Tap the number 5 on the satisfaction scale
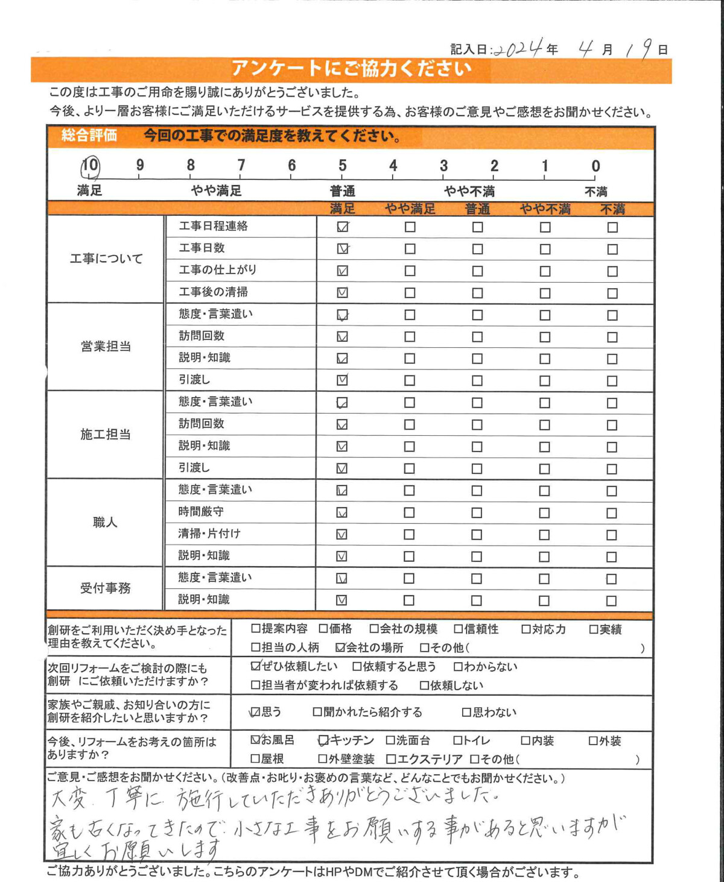pos(342,166)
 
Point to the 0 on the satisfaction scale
pos(595,166)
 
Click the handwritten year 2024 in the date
pos(518,48)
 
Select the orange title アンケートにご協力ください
pos(351,69)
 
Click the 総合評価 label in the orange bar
pos(89,136)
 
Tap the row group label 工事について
pos(106,259)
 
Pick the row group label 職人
pos(105,522)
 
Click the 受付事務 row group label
pos(105,588)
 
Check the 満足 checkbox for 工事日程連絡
pos(343,227)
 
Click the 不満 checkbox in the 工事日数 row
pos(612,249)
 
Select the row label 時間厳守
pos(201,511)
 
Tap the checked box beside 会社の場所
pos(340,647)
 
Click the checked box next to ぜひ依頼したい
pos(256,666)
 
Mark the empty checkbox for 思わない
pos(466,712)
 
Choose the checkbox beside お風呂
pos(256,739)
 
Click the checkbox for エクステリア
pos(391,759)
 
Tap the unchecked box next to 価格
pos(323,629)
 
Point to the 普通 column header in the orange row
pos(477,209)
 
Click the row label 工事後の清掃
pos(213,292)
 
